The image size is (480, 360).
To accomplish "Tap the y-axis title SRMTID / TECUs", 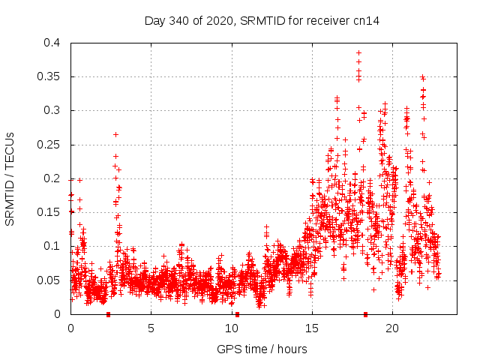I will pos(10,178).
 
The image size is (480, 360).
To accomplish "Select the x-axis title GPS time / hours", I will pos(262,349).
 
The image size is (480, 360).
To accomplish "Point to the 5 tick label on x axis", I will pos(151,328).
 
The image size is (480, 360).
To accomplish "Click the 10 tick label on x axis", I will pos(231,328).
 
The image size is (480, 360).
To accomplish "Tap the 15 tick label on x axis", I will pos(311,328).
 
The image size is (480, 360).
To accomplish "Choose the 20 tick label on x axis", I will pos(391,328).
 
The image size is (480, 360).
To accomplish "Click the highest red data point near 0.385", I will pos(358,53).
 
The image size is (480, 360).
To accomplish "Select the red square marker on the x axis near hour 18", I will pos(365,314).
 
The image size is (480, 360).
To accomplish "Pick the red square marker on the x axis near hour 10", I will pos(237,314).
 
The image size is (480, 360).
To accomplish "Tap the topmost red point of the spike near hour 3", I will pos(115,134).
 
